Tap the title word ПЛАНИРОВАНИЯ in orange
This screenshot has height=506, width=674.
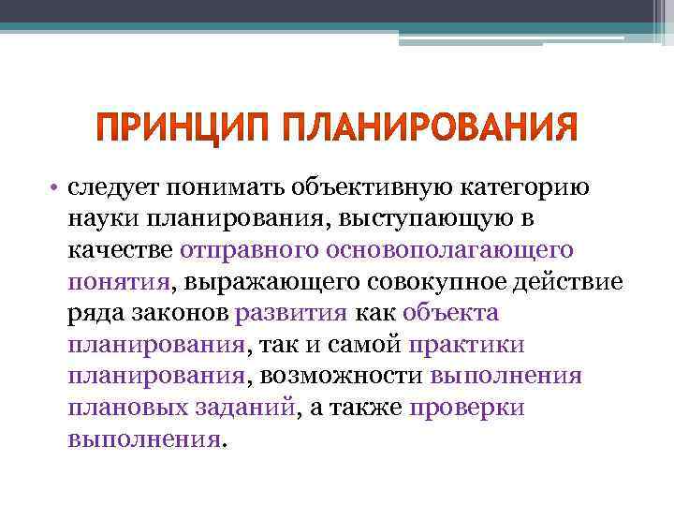(427, 127)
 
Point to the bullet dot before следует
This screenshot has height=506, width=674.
(56, 186)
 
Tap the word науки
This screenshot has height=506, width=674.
(98, 218)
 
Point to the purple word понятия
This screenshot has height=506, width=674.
(119, 281)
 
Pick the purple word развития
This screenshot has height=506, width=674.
(292, 313)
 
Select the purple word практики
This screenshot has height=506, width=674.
(466, 345)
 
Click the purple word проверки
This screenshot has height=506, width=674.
(467, 408)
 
